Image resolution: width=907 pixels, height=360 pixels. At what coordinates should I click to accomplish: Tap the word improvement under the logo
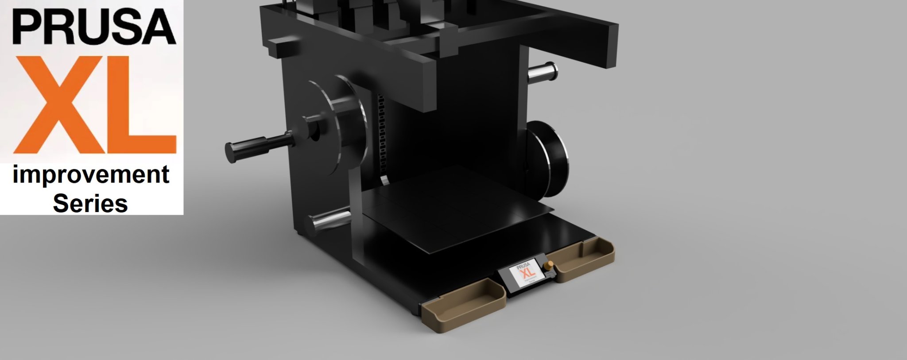click(91, 175)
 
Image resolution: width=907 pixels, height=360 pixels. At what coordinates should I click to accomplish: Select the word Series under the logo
click(90, 204)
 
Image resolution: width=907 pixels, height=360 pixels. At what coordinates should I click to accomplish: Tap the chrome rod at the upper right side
click(543, 72)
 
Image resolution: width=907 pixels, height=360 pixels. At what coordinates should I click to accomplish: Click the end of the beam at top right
click(611, 44)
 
